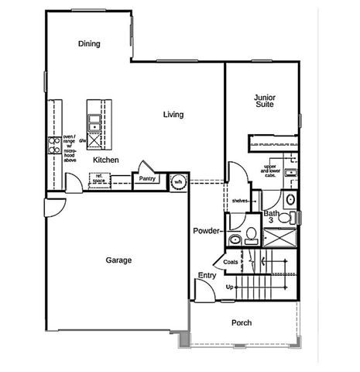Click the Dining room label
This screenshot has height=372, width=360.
[90, 43]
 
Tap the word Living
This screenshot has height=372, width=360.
[173, 115]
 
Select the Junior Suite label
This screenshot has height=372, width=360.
[265, 102]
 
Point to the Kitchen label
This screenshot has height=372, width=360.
[105, 160]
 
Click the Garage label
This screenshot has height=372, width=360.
[118, 260]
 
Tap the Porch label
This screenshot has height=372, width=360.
[242, 322]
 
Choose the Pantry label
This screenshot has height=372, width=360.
[146, 178]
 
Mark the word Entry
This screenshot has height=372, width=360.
[207, 276]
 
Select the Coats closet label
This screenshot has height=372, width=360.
[231, 262]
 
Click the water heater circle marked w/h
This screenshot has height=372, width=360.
[177, 181]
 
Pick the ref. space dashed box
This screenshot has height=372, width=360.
[100, 179]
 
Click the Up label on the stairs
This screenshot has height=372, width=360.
[229, 288]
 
